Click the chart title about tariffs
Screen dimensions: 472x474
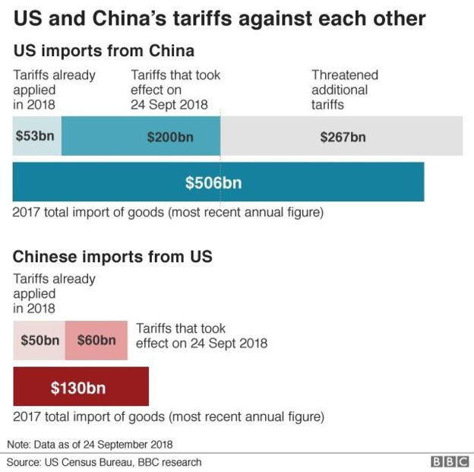(x=220, y=18)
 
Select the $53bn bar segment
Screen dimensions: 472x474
(x=36, y=137)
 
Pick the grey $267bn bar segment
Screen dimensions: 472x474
(x=342, y=137)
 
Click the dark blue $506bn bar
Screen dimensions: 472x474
(x=218, y=182)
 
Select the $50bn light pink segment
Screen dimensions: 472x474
(x=39, y=340)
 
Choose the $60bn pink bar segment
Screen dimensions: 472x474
(x=96, y=340)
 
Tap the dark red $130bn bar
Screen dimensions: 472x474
(x=81, y=388)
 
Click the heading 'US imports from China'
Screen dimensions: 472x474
(x=103, y=52)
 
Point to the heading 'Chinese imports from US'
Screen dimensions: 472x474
(x=112, y=257)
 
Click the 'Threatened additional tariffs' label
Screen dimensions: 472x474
(x=344, y=90)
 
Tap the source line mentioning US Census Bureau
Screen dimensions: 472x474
(x=104, y=461)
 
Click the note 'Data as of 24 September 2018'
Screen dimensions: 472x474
(x=90, y=443)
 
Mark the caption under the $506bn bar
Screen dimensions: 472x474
(x=168, y=212)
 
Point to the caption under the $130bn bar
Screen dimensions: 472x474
(x=168, y=417)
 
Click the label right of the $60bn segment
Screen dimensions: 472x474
(x=201, y=335)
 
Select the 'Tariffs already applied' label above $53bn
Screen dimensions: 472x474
(x=54, y=90)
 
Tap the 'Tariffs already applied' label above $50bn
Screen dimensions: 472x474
(x=54, y=293)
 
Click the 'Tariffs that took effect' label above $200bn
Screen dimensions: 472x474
(x=175, y=90)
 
